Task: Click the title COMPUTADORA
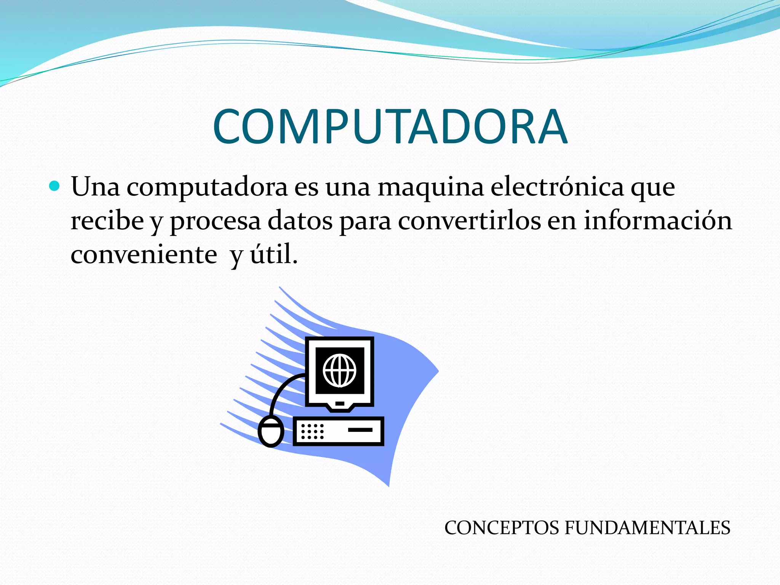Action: point(390,127)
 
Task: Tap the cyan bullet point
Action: point(55,186)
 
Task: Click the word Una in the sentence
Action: point(95,187)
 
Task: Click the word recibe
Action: point(107,221)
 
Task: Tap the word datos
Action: point(300,221)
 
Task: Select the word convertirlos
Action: point(469,221)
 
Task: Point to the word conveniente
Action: point(144,254)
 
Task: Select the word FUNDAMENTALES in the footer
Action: point(647,528)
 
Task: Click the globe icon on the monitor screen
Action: point(339,370)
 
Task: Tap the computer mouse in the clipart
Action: point(271,432)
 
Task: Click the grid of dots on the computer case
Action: point(312,432)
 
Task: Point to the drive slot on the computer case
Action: point(360,430)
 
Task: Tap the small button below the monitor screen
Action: point(340,403)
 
